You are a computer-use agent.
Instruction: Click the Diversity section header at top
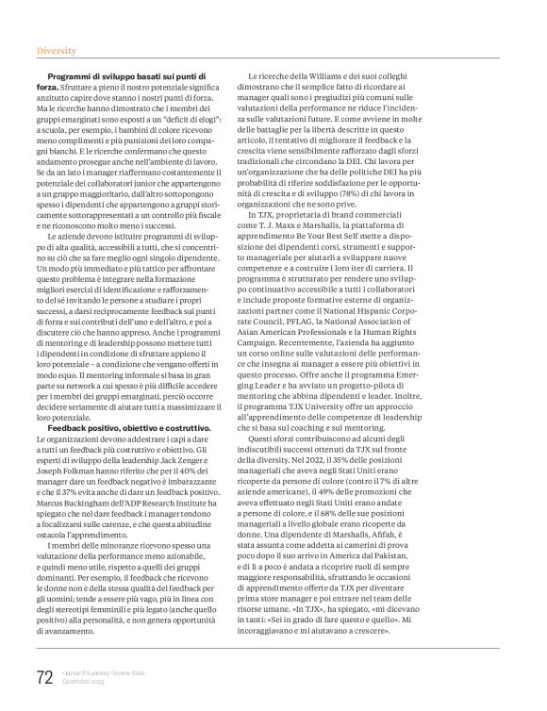[x=57, y=48]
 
